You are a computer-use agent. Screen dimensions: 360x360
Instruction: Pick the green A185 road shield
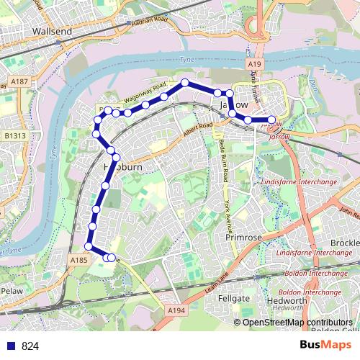pyautogui.click(x=79, y=259)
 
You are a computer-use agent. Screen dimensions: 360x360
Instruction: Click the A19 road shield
pyautogui.click(x=255, y=65)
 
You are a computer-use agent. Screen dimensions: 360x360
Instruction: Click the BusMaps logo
pyautogui.click(x=321, y=346)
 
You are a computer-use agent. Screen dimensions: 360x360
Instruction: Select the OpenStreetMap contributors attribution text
pyautogui.click(x=297, y=323)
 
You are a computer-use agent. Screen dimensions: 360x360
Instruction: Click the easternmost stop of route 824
pyautogui.click(x=271, y=120)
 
